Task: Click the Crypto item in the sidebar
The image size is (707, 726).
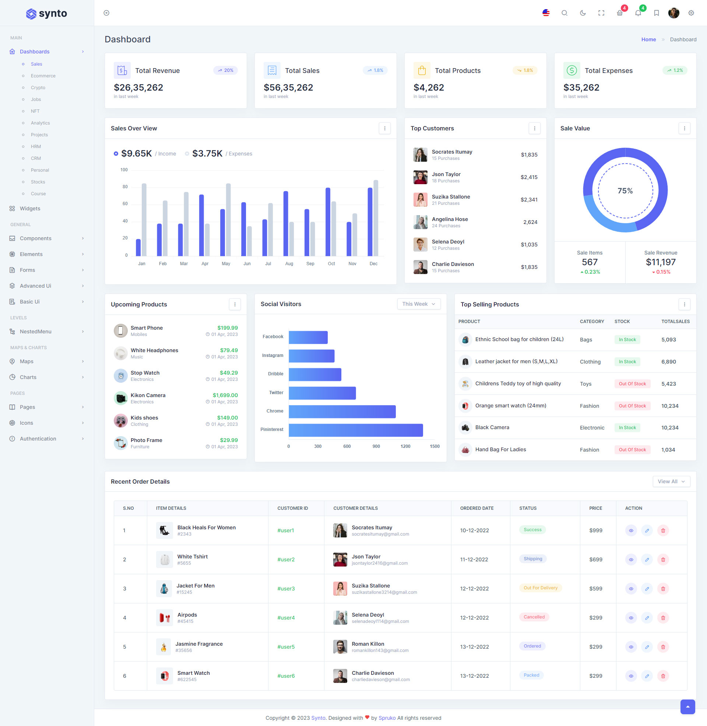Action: (38, 88)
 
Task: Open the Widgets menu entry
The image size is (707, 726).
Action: (30, 208)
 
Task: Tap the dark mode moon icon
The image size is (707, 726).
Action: (583, 13)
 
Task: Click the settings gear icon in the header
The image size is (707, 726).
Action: (691, 13)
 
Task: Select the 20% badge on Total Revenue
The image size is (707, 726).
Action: (225, 70)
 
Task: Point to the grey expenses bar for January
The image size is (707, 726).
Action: (144, 220)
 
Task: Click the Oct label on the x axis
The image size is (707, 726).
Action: (331, 264)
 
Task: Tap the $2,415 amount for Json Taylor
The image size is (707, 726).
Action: (529, 177)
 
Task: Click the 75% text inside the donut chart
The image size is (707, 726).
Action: (625, 190)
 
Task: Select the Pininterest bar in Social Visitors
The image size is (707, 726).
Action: (355, 430)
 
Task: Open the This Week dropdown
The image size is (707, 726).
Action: (418, 304)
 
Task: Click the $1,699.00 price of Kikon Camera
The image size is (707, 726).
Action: (225, 395)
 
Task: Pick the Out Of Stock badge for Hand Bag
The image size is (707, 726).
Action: (632, 450)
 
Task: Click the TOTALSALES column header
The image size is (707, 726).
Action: (675, 321)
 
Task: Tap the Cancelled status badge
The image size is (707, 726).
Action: (534, 617)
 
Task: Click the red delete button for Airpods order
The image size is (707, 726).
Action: (663, 618)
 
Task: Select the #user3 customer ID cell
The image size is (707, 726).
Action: (286, 589)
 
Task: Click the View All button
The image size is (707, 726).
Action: (671, 481)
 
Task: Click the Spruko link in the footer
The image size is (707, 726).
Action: (387, 718)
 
